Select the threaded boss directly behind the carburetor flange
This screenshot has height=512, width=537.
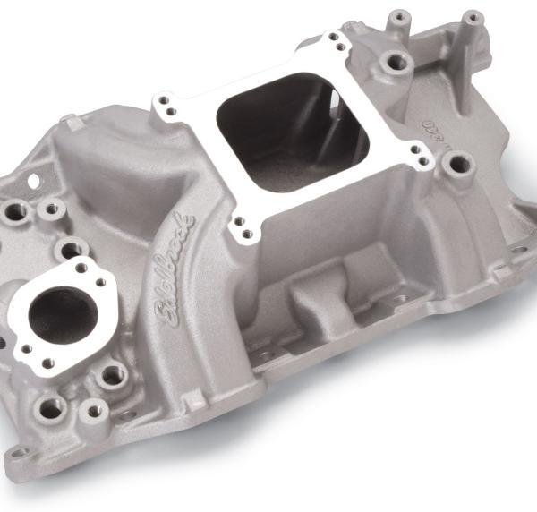(392, 64)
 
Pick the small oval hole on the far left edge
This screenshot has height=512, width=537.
(33, 182)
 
